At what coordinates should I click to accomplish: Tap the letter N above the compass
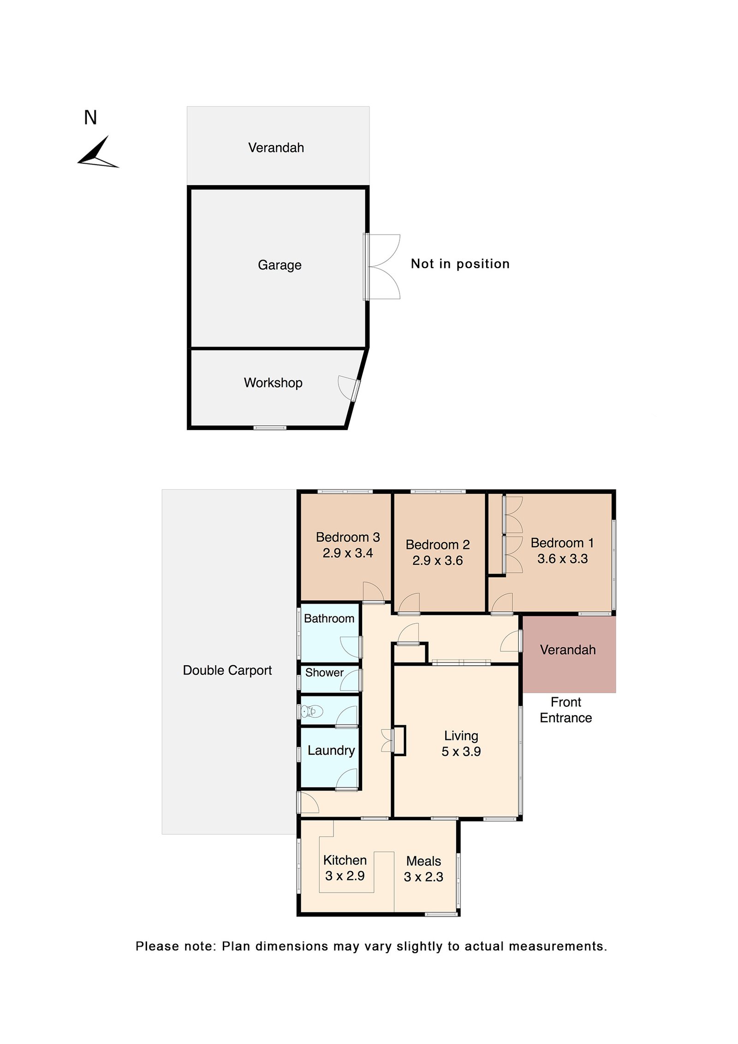(90, 118)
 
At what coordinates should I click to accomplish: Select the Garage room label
(280, 265)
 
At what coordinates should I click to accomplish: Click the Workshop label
(273, 382)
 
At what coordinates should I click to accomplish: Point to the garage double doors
(382, 267)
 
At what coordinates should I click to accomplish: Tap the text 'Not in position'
(460, 264)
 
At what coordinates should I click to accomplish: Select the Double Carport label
(227, 670)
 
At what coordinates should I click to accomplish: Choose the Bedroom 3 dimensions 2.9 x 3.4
(348, 553)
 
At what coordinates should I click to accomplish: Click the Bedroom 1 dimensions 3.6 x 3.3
(563, 558)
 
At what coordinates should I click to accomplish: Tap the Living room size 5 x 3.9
(461, 751)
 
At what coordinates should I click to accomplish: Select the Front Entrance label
(566, 710)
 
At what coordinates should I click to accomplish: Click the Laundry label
(331, 751)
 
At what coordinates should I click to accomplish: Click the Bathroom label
(329, 618)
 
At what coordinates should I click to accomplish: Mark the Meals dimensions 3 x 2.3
(423, 877)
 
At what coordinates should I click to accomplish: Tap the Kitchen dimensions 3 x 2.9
(345, 876)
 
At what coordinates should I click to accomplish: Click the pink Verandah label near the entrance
(568, 650)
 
